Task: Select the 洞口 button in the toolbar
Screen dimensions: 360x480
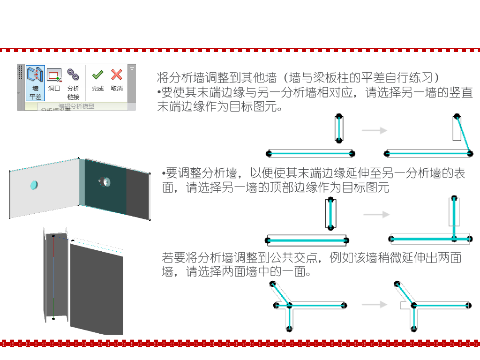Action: pos(54,75)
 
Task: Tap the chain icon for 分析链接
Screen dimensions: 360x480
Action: pos(73,74)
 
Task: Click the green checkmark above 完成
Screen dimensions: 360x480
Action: pos(97,75)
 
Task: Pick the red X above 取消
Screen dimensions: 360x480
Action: pos(117,75)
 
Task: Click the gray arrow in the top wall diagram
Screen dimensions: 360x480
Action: pos(374,131)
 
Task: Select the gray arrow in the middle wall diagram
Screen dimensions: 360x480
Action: pos(376,215)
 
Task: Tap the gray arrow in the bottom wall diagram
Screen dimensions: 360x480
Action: pos(374,305)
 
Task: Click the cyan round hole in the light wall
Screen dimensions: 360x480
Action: pos(34,185)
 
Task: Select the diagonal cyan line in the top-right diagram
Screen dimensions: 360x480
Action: pos(463,134)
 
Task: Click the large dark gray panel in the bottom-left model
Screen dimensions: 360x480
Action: pos(96,286)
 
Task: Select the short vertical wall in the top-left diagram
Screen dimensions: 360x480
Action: pos(339,128)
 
